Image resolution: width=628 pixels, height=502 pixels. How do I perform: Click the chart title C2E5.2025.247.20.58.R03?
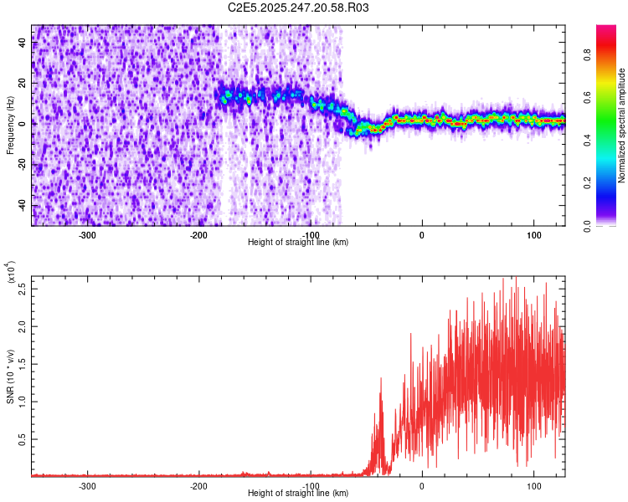pyautogui.click(x=298, y=8)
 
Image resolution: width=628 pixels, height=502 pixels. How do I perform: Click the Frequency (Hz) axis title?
pyautogui.click(x=10, y=125)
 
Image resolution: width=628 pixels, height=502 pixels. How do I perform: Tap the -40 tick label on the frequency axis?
pyautogui.click(x=22, y=205)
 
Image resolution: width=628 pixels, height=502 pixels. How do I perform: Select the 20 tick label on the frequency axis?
pyautogui.click(x=23, y=83)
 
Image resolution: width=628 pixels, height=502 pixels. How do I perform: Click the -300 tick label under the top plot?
pyautogui.click(x=87, y=234)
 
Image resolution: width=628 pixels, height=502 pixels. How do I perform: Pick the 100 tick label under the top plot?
pyautogui.click(x=533, y=234)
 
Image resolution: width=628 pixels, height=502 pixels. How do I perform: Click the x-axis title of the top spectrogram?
pyautogui.click(x=298, y=242)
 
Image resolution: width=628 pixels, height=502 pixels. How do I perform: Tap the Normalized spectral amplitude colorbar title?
pyautogui.click(x=622, y=125)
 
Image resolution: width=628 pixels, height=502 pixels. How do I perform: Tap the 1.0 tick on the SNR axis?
pyautogui.click(x=23, y=401)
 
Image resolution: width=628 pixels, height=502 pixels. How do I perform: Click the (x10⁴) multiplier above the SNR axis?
pyautogui.click(x=12, y=274)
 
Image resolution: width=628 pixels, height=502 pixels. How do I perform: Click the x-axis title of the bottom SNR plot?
pyautogui.click(x=298, y=493)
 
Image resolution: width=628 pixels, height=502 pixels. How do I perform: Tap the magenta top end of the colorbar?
pyautogui.click(x=606, y=28)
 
